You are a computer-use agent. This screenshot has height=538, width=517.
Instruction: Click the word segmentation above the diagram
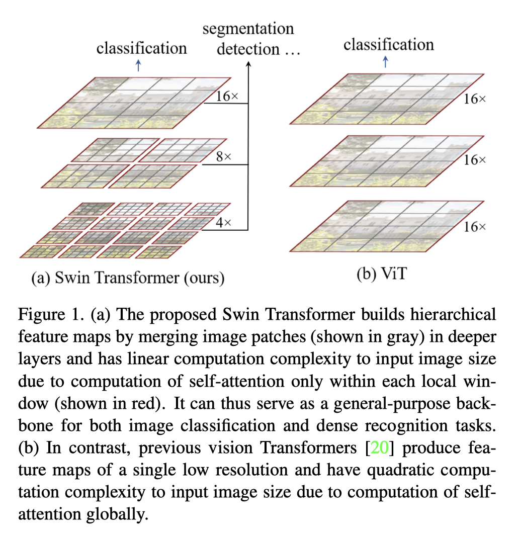(x=248, y=29)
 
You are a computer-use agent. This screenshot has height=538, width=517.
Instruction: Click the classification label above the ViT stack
(x=389, y=45)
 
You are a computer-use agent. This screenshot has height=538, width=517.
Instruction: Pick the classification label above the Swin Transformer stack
(x=142, y=48)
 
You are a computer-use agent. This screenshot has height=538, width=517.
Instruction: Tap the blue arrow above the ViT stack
(x=386, y=61)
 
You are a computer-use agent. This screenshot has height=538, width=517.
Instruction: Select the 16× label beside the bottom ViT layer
(x=474, y=227)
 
